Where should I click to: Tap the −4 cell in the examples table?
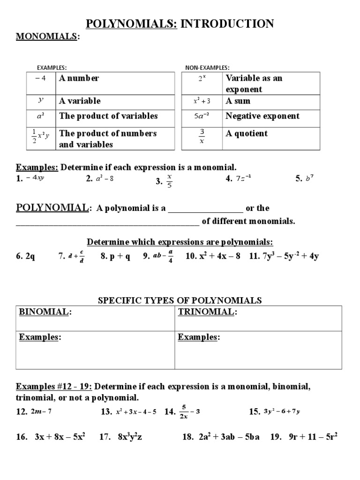pos(40,78)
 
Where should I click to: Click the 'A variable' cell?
pos(80,101)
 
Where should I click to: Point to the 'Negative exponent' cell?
pos(262,116)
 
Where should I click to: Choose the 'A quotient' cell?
pos(247,134)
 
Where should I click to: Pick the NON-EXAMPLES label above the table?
pos(207,67)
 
